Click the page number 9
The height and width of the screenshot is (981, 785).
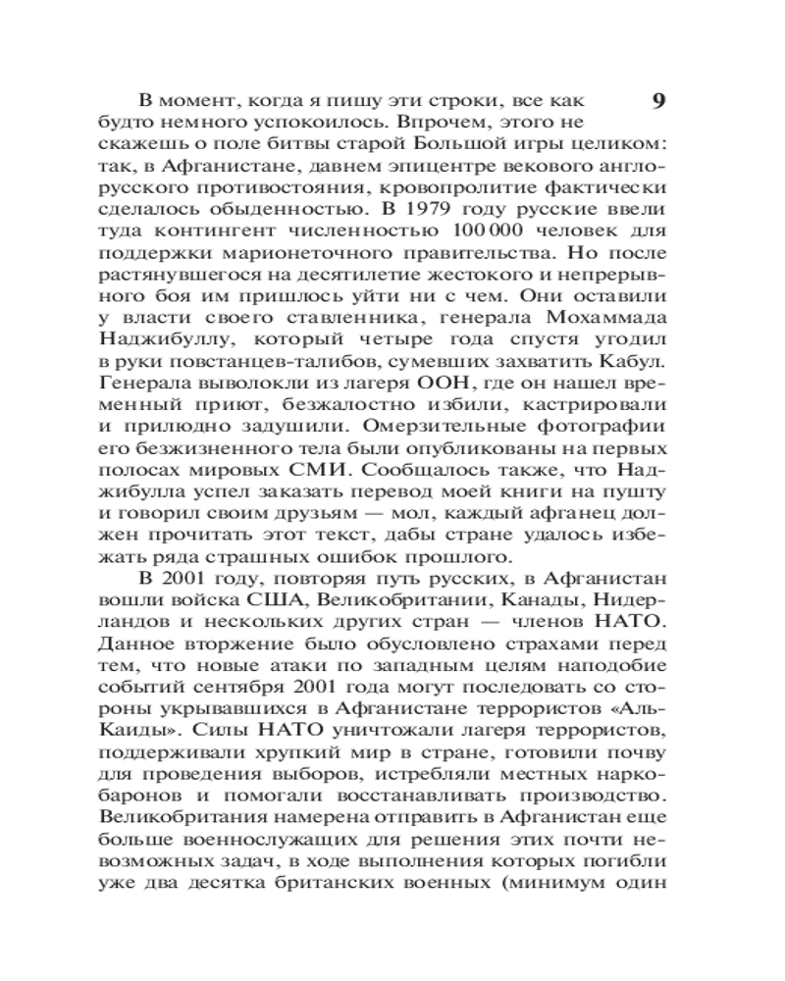pyautogui.click(x=658, y=101)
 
